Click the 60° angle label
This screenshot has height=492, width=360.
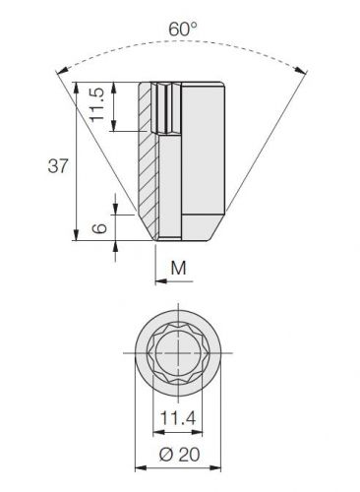(183, 29)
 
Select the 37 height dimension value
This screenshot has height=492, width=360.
(58, 165)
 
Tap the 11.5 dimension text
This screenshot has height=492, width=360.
(97, 104)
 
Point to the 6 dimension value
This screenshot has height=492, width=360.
(99, 228)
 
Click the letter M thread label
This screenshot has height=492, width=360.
(179, 268)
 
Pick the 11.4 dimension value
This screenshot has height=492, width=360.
(178, 418)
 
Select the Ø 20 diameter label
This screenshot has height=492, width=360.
(179, 455)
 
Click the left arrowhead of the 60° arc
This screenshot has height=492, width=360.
(62, 71)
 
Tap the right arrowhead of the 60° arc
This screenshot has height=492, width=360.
(302, 70)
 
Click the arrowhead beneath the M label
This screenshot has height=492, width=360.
(160, 281)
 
